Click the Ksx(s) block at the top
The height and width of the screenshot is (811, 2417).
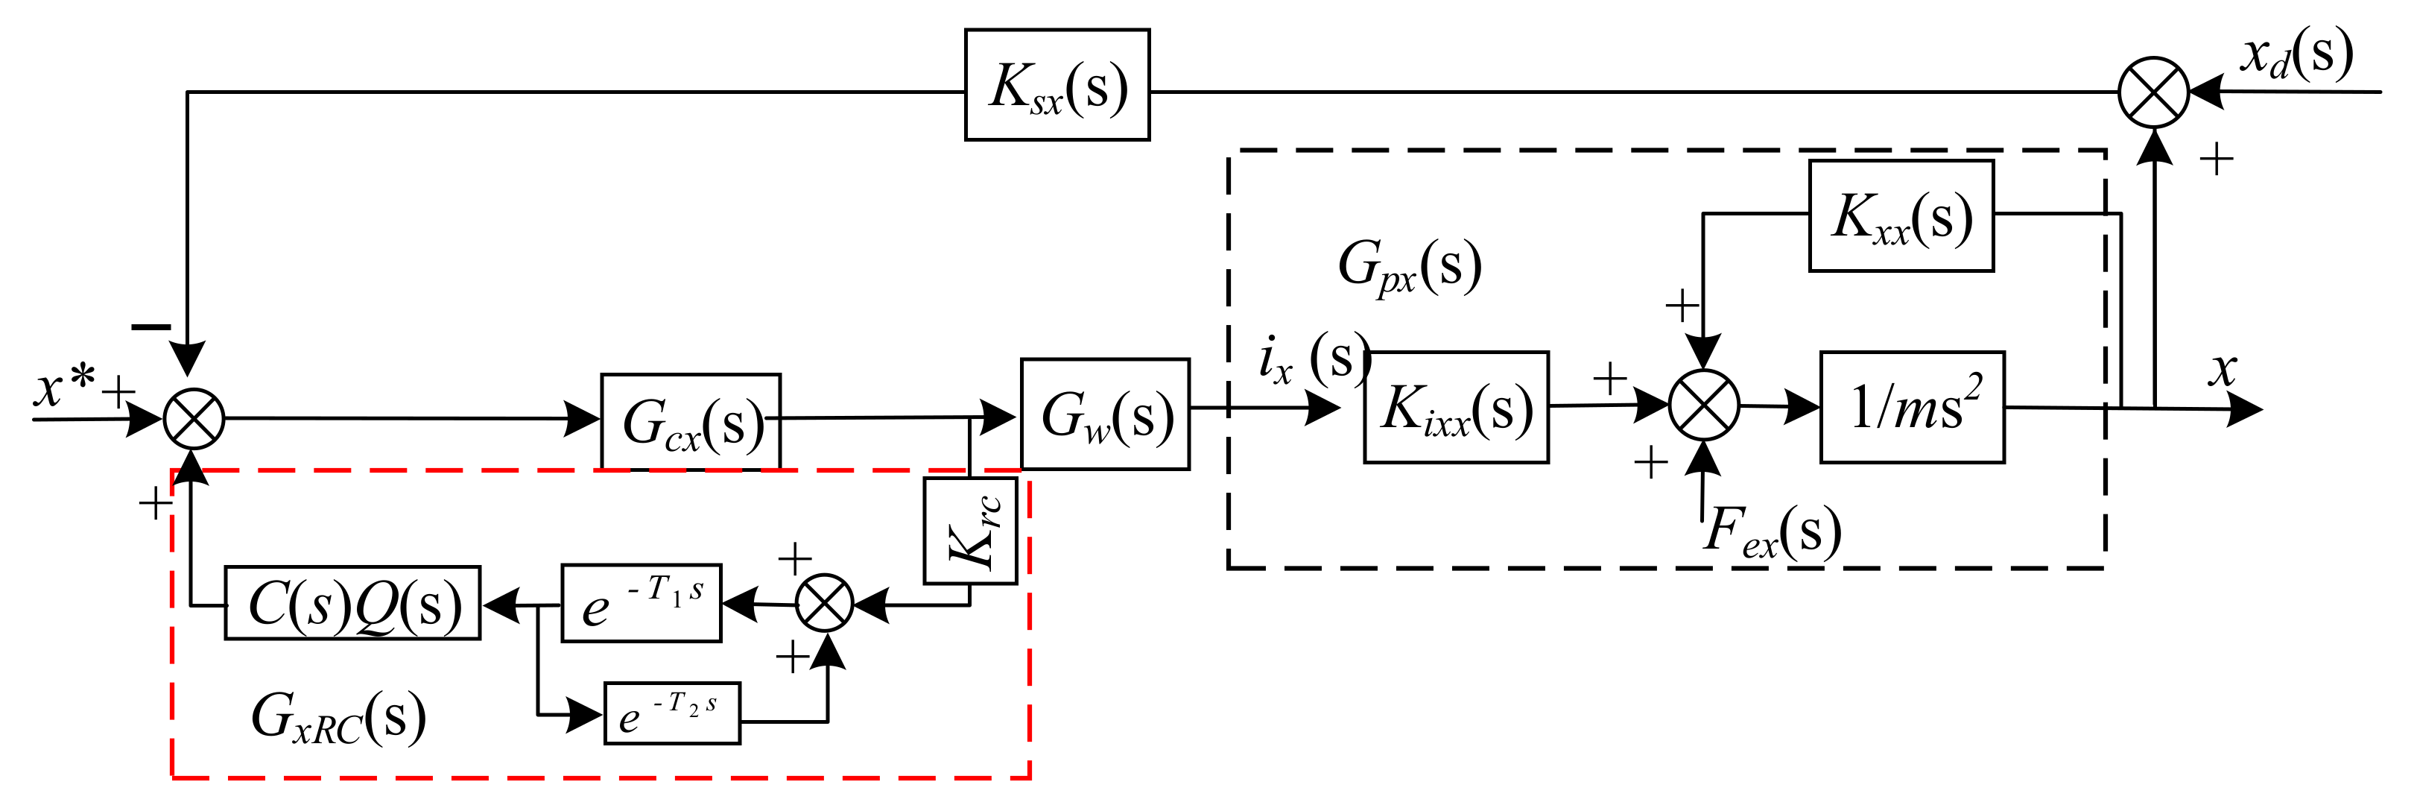click(x=1057, y=86)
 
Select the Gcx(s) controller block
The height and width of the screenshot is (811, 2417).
click(x=691, y=423)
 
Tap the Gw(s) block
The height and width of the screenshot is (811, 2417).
click(x=1105, y=414)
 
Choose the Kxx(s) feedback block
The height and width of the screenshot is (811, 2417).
click(x=1901, y=216)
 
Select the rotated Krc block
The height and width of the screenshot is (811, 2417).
click(x=970, y=531)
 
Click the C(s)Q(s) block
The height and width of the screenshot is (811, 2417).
click(x=353, y=604)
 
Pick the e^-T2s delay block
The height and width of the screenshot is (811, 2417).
click(x=672, y=714)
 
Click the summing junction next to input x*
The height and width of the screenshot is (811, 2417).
click(x=194, y=419)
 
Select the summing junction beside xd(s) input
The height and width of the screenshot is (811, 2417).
click(x=2153, y=92)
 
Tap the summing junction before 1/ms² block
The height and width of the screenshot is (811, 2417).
click(x=1704, y=405)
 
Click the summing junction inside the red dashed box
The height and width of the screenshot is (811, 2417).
click(x=825, y=604)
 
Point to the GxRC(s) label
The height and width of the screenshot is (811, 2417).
click(x=338, y=718)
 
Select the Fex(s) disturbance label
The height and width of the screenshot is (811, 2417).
click(x=1772, y=532)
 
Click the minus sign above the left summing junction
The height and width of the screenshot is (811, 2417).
click(x=151, y=326)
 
